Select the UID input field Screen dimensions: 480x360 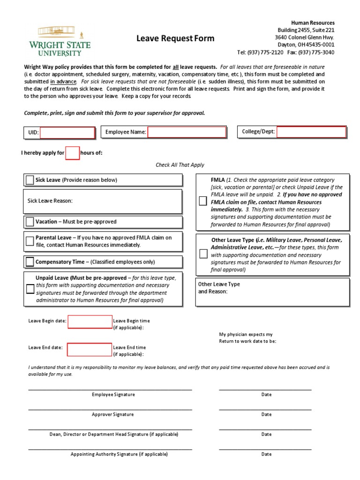[67, 133]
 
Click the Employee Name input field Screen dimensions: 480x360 [187, 132]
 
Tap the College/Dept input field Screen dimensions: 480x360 [311, 132]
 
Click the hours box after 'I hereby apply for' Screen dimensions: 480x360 [72, 153]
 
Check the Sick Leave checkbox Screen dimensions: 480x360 [30, 180]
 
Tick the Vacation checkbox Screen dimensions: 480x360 [30, 221]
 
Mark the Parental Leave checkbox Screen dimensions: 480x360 [30, 241]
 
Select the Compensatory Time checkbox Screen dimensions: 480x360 [30, 262]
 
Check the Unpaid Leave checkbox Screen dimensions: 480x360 [30, 289]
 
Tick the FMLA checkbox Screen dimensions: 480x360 [202, 201]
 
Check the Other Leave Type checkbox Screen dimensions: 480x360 [202, 254]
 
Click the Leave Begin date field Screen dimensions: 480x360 [90, 322]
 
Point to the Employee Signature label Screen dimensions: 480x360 [113, 395]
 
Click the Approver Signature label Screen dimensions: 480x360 [112, 414]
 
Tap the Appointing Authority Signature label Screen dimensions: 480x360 [119, 454]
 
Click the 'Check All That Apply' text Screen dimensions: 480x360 [180, 165]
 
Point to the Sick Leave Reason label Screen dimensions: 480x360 [50, 201]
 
